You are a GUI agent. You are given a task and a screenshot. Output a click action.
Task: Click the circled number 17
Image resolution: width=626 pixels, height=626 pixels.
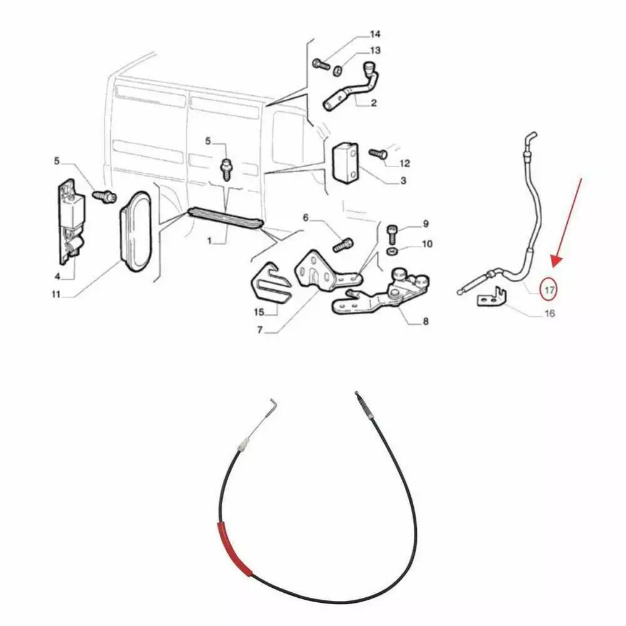coord(550,290)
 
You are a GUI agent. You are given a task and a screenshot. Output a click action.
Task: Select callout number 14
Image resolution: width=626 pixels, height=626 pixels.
coord(375,34)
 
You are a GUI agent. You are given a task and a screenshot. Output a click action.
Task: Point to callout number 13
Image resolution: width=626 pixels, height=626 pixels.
coord(375,51)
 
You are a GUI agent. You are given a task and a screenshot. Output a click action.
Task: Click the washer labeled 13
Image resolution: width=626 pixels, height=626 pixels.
coord(337,71)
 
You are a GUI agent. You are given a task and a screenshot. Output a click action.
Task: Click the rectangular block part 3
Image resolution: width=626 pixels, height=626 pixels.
coord(346,163)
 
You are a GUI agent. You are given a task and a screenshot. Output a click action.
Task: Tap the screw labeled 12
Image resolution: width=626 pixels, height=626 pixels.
coord(377,153)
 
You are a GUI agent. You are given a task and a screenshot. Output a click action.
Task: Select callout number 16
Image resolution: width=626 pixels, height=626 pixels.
coord(550,313)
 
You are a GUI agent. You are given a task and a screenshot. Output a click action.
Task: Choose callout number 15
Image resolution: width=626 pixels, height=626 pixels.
coord(259,312)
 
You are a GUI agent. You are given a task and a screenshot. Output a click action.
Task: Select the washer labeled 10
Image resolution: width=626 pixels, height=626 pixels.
coord(392,252)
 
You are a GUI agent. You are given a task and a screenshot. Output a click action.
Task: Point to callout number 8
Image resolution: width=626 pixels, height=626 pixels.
coord(426,321)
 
